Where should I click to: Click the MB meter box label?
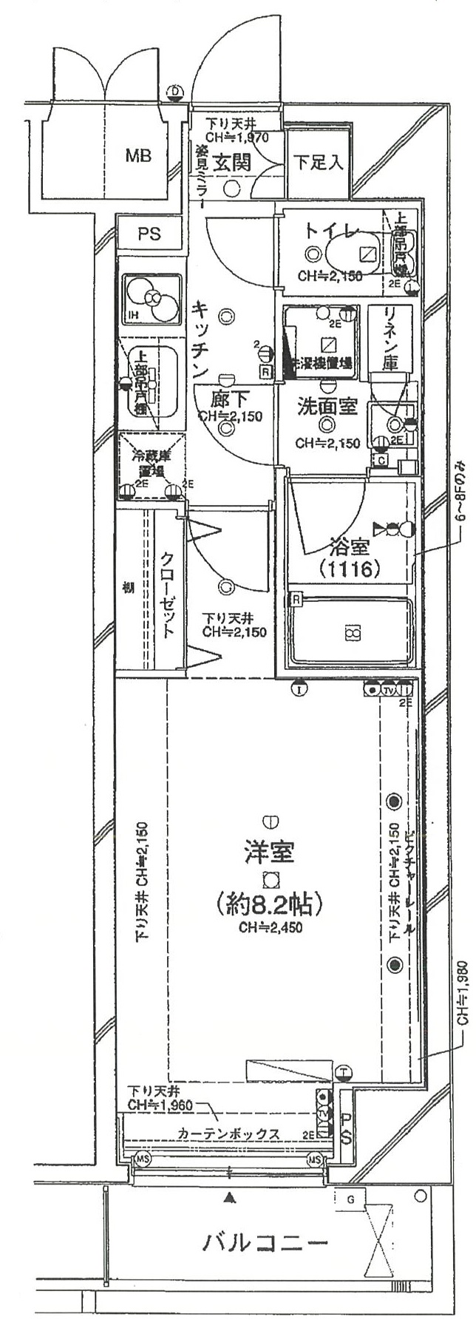(138, 156)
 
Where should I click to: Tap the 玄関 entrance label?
(232, 163)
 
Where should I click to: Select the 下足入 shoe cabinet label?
(318, 163)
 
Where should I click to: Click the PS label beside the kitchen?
(149, 234)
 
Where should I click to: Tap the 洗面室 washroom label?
(327, 406)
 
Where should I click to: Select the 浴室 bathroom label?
(350, 548)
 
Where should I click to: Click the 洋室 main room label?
(269, 852)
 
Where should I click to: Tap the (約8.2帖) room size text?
(268, 904)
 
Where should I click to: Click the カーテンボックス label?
(228, 1134)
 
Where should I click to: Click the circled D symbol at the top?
(175, 92)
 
